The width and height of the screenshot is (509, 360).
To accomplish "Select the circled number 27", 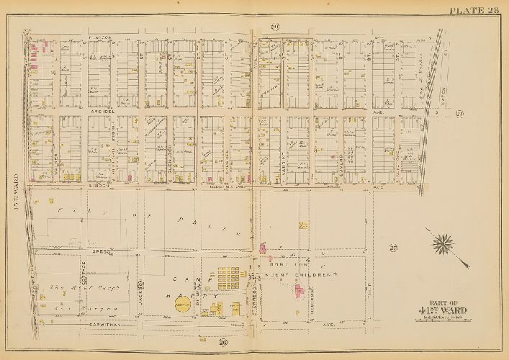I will tap(393, 248).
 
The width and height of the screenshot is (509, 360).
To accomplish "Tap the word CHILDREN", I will tap(319, 274).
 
